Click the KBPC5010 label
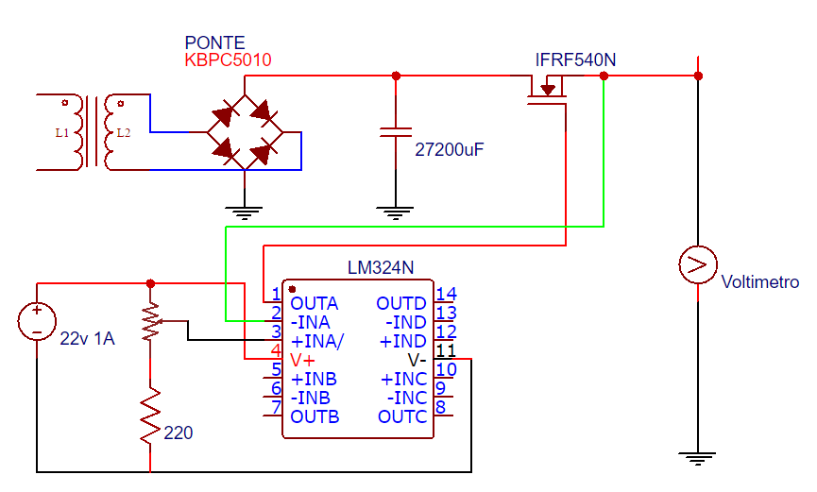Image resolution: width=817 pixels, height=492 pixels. (228, 60)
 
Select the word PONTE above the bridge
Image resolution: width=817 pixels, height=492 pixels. (214, 43)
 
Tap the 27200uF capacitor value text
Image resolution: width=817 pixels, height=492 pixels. (450, 149)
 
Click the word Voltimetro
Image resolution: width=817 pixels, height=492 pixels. (759, 282)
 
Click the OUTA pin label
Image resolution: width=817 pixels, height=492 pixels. (315, 304)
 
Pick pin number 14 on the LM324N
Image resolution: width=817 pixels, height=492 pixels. (446, 295)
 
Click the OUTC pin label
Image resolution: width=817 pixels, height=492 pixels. (402, 416)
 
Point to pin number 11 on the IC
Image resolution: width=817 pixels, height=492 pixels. (446, 351)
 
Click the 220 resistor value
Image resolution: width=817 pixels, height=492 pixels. (179, 434)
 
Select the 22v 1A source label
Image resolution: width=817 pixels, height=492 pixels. (87, 339)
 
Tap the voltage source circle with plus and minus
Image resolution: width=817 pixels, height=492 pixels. (37, 321)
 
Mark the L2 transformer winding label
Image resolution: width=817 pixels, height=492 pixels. (123, 133)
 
